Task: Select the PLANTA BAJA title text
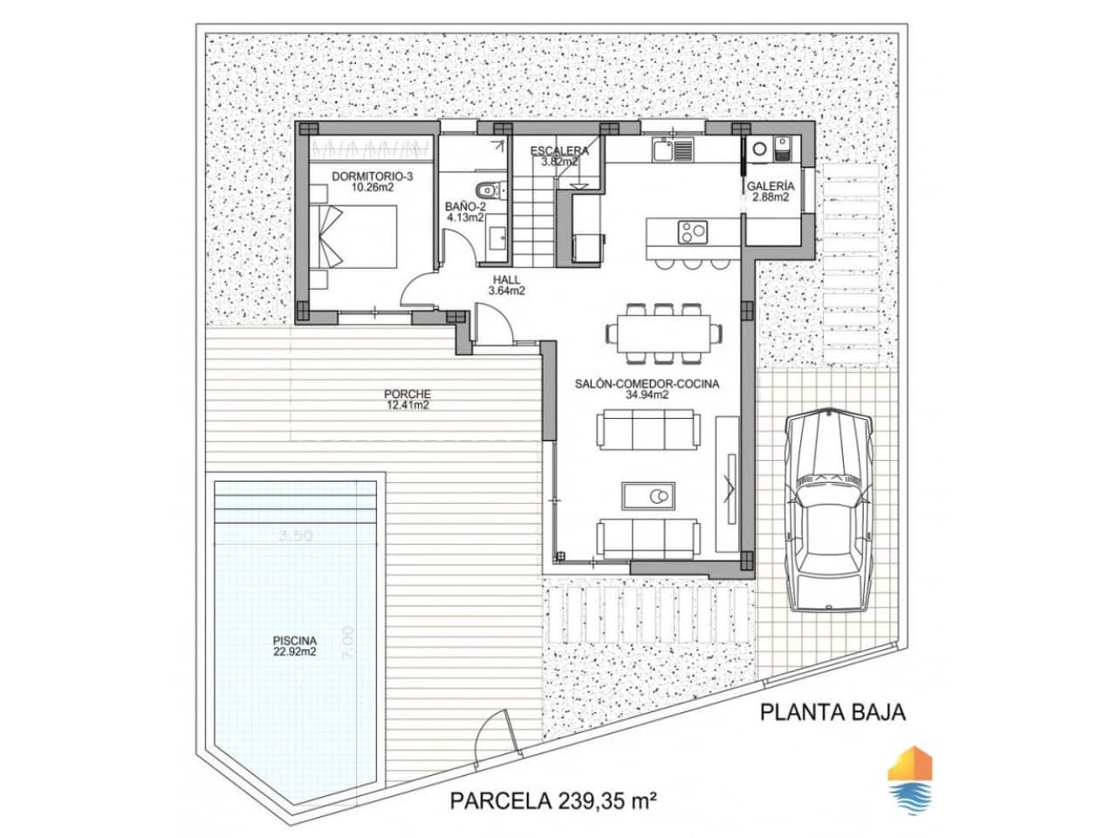[833, 711]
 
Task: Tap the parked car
[828, 509]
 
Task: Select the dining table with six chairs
[664, 333]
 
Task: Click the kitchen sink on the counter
[671, 150]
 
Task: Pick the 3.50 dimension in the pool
[296, 537]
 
